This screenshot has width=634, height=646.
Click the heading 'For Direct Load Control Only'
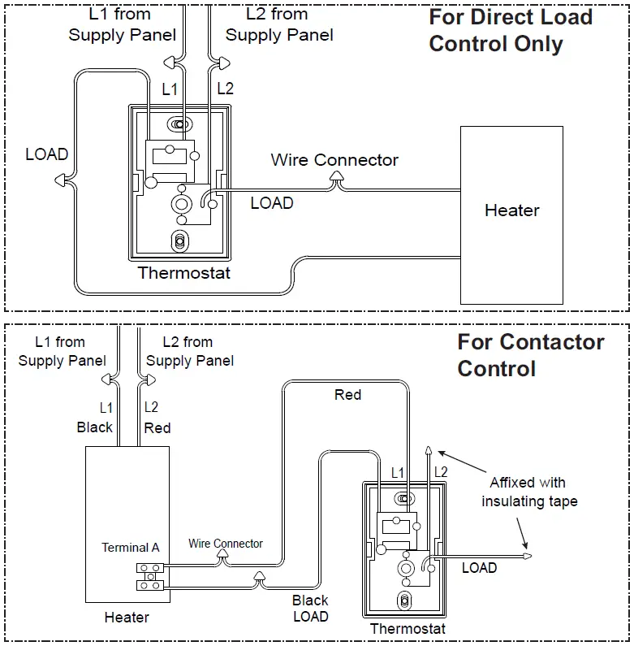tap(510, 30)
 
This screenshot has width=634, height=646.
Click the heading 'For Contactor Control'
tap(530, 354)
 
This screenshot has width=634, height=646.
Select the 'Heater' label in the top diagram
tap(511, 210)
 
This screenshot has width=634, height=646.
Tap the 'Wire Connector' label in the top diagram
tap(334, 159)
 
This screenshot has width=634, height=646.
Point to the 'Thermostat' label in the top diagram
tap(184, 273)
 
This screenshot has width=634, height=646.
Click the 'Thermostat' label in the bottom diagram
tap(408, 628)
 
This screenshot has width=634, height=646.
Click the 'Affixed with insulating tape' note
tap(529, 492)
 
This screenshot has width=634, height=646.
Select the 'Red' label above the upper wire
tap(347, 395)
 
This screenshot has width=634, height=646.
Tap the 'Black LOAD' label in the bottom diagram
tap(310, 609)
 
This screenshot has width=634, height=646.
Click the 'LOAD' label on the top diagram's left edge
tap(46, 154)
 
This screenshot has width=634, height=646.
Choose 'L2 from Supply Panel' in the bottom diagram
tap(189, 351)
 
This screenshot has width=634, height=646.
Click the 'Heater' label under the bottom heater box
tap(127, 618)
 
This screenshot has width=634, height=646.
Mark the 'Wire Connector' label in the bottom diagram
tap(226, 543)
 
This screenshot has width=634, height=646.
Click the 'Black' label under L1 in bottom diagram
tap(95, 427)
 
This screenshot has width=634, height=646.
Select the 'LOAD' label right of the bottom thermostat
tap(479, 568)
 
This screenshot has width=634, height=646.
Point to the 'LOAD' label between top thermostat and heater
tap(271, 203)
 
